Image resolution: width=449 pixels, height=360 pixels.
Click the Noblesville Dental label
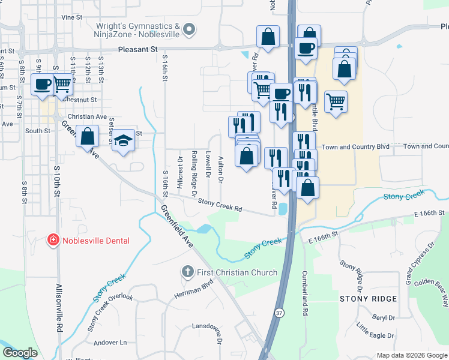96,241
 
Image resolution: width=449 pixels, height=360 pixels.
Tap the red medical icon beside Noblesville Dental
53,241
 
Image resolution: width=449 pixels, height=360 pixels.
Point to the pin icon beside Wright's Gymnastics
190,29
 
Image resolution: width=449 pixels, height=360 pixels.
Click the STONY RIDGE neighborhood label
369,299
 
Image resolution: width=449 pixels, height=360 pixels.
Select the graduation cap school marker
123,140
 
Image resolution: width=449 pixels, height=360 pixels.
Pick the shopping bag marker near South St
88,136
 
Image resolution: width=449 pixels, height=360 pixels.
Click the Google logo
20,353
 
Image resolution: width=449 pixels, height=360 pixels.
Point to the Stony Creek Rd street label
220,206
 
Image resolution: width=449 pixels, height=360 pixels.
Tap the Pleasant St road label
137,50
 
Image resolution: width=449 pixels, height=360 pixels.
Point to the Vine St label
71,17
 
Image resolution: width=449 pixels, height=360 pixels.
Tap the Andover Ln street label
110,343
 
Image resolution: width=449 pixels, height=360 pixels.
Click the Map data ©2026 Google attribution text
412,355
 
